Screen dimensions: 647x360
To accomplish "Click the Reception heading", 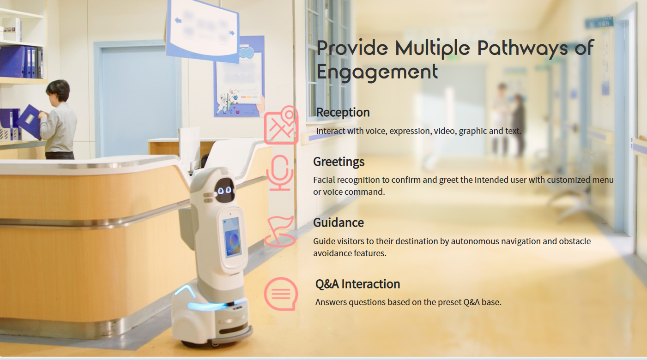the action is coord(343,113).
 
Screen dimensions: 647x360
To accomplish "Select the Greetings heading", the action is coord(339,162).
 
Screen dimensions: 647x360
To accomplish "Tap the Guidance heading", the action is coord(339,223).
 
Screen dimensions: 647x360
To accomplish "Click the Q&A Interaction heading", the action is coord(357,284).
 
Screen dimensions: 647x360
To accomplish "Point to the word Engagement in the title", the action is coord(377,72).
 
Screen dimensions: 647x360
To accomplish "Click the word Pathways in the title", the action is coord(522,48).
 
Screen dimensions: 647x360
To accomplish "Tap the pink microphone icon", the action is coord(279,173).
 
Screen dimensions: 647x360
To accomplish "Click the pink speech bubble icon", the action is coord(281,294).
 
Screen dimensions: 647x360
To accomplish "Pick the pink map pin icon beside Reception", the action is coord(281,125).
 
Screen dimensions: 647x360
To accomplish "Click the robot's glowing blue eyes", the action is coord(224,190).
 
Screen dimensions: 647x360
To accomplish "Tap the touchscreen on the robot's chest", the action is coord(232,237).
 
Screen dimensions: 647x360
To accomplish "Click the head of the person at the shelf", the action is coord(58,90).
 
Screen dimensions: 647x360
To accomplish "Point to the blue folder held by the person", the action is coord(30,122).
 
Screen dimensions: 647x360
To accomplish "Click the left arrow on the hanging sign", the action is coord(178,20).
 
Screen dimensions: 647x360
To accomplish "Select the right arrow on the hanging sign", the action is coord(232,33).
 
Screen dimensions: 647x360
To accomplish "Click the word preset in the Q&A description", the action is coord(450,302).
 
